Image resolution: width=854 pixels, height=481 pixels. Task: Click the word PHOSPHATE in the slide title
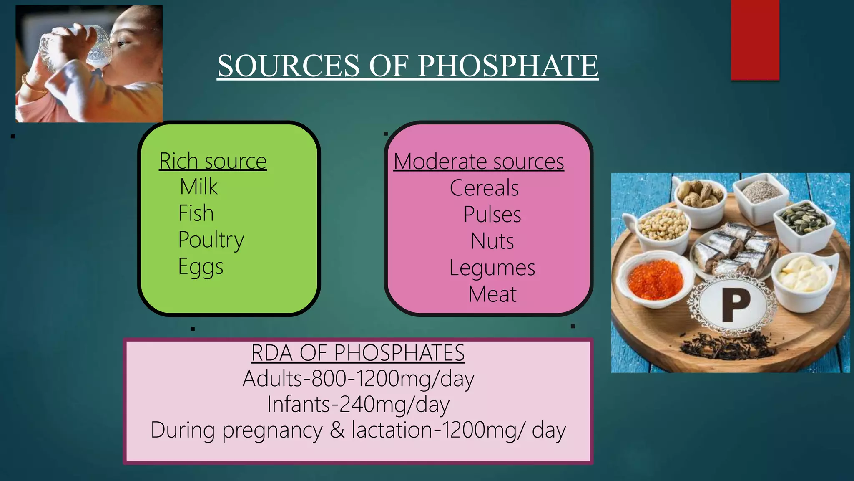(x=508, y=66)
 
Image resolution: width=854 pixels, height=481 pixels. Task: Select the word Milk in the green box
(x=198, y=187)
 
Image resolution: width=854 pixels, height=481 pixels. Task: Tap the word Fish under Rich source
(x=196, y=213)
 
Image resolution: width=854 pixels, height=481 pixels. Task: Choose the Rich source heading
(x=213, y=161)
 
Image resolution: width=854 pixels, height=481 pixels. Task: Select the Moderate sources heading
(x=479, y=162)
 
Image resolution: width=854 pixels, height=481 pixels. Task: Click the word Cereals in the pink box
(x=484, y=188)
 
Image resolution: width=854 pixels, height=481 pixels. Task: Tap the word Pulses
(x=492, y=215)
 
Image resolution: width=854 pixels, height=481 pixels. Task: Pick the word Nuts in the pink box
(x=492, y=241)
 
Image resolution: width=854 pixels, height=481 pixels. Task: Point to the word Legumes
(x=492, y=268)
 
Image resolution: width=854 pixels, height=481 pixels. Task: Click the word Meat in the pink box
(x=492, y=294)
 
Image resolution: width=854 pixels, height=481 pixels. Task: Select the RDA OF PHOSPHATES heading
(x=358, y=353)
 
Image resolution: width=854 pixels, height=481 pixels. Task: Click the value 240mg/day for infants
(x=394, y=404)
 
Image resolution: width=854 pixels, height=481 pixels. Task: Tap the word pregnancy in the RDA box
(x=272, y=430)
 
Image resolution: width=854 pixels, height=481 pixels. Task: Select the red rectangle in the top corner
(x=755, y=40)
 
